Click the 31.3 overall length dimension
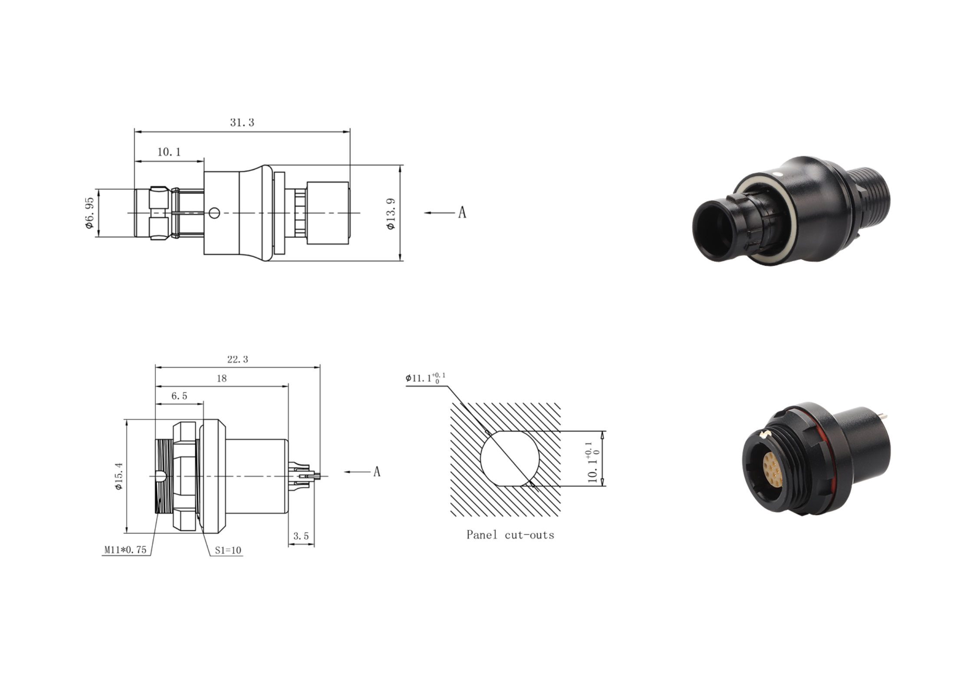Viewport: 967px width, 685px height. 242,123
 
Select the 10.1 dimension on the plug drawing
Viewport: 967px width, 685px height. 169,152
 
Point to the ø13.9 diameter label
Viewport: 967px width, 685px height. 391,213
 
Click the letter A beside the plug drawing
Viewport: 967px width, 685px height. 462,213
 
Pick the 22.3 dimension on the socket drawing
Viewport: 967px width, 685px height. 237,359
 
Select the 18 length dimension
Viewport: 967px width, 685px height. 221,379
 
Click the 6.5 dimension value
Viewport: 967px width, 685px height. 179,396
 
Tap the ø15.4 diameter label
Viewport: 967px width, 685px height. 119,476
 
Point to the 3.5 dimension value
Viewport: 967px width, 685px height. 301,536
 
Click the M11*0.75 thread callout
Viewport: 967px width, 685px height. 125,550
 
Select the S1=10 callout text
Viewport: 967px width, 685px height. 228,550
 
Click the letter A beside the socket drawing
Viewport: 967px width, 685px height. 377,471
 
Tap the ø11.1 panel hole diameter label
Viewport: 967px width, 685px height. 425,378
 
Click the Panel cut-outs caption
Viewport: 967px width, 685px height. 510,535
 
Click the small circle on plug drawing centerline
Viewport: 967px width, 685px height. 214,213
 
